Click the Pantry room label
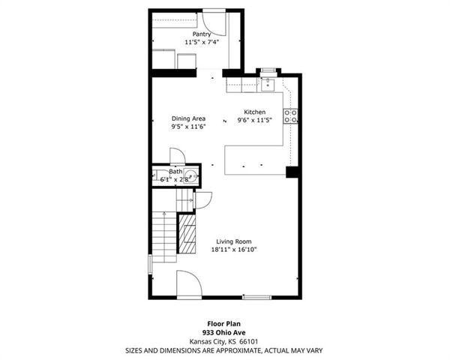(201, 34)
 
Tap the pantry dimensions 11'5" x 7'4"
(201, 42)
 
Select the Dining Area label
(188, 118)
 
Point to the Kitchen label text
(254, 112)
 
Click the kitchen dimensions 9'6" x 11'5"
(254, 120)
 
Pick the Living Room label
(232, 241)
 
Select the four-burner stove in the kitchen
(290, 115)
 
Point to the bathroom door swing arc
(178, 155)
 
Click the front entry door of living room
(188, 285)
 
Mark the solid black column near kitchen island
(292, 172)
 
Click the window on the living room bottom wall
(256, 298)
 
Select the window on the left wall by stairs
(150, 265)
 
